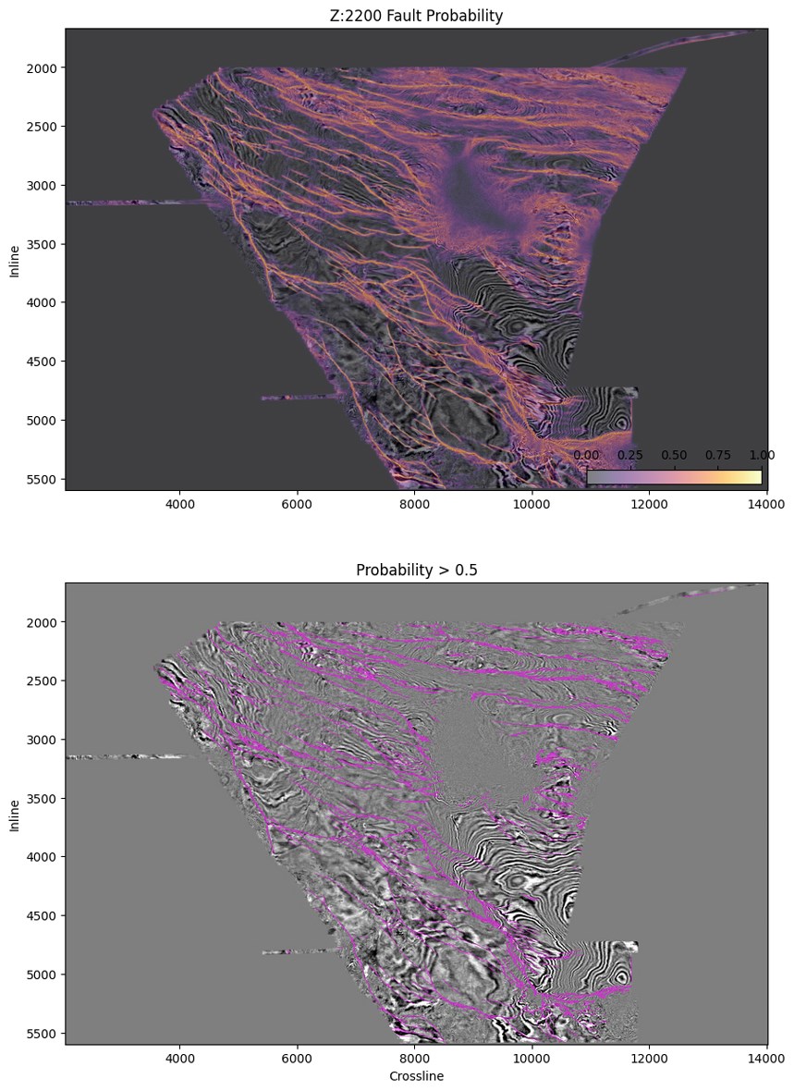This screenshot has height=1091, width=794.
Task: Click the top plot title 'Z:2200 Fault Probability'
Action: click(416, 16)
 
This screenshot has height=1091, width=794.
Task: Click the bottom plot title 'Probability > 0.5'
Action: click(416, 570)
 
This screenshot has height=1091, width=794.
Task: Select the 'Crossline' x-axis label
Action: click(416, 1076)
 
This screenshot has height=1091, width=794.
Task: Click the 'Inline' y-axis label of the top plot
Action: click(14, 259)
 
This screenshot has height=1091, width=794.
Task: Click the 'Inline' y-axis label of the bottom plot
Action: click(14, 814)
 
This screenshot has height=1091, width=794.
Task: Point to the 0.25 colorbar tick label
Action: click(630, 455)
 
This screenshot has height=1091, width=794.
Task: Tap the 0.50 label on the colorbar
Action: click(674, 455)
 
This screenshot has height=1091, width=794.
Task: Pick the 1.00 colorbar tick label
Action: click(762, 455)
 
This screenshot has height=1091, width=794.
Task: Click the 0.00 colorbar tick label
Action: click(586, 455)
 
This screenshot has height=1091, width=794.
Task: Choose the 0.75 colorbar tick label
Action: click(718, 455)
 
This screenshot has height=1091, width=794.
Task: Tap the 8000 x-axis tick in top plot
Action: click(414, 504)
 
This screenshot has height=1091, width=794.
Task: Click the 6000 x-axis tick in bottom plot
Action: click(297, 1059)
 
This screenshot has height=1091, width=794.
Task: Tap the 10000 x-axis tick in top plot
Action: click(531, 504)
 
